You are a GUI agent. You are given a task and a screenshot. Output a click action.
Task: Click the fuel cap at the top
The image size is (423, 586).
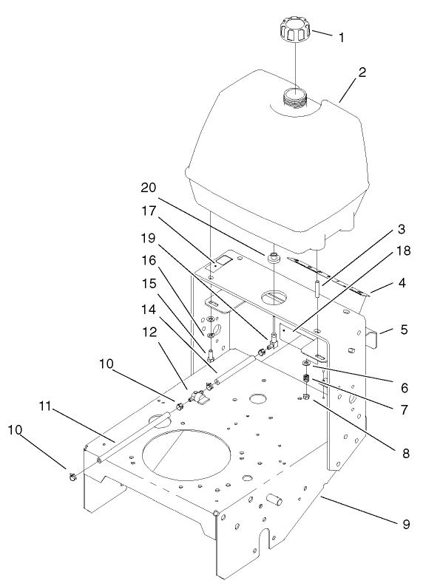tap(294, 30)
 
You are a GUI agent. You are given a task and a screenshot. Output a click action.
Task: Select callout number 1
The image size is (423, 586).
tap(340, 36)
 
